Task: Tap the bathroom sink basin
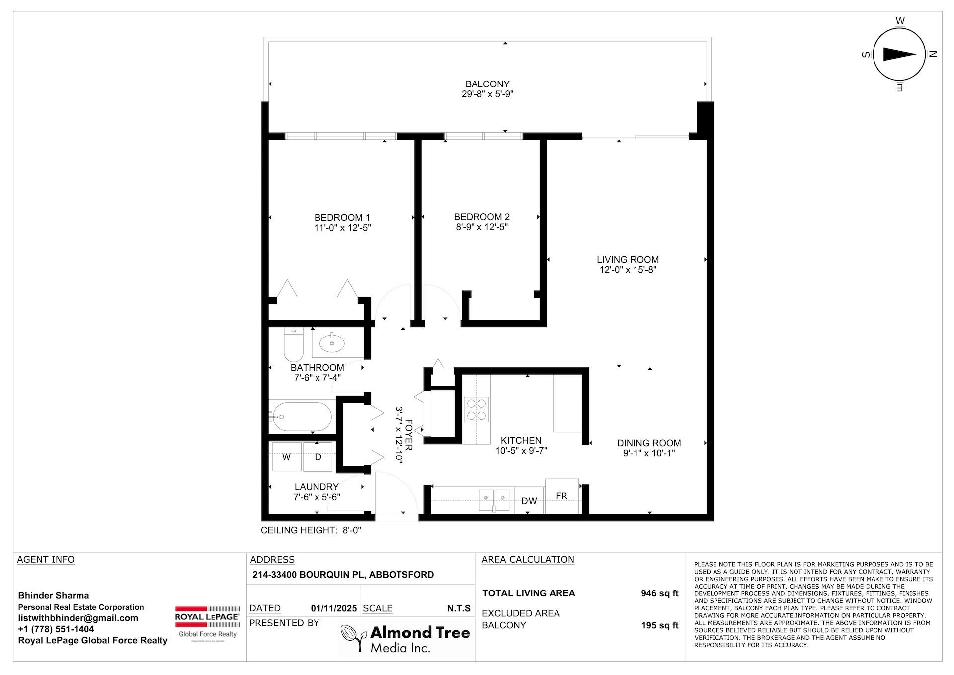331,342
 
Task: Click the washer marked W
287,457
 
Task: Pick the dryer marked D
318,457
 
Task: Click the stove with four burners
476,410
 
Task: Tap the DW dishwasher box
529,501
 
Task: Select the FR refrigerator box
561,496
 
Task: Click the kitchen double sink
494,500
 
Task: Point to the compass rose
899,55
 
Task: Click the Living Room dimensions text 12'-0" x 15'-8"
628,270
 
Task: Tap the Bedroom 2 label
481,217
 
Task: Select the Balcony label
487,84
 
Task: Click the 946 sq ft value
659,593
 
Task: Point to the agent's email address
78,618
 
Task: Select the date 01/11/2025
333,608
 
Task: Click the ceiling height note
311,530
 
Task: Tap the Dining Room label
648,443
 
